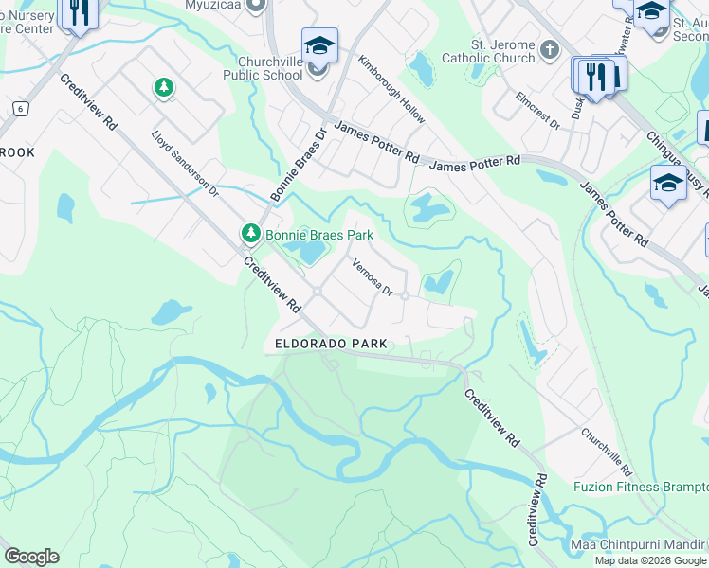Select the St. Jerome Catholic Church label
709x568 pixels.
502,51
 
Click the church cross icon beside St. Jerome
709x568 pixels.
550,47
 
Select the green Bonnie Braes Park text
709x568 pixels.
318,235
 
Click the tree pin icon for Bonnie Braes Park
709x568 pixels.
251,232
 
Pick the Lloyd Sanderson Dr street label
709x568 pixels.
185,164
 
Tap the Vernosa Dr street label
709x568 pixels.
373,277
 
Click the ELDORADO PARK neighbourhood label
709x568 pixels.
331,344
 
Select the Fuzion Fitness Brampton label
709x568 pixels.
641,487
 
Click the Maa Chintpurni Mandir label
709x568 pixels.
639,544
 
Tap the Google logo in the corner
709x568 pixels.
31,557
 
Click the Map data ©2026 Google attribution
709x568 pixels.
650,560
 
